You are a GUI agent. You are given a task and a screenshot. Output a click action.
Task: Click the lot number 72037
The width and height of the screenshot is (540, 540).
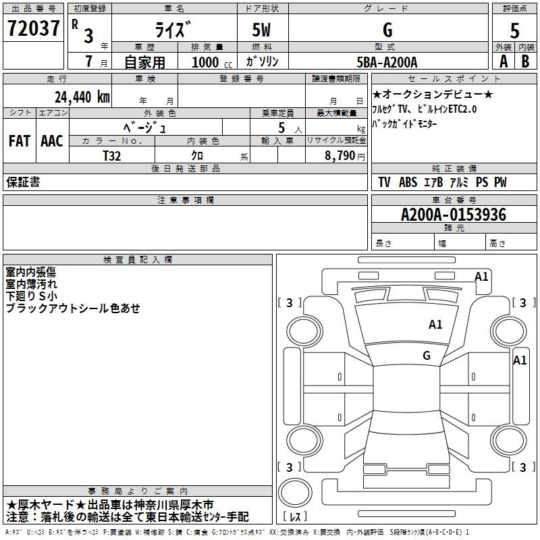(x=33, y=28)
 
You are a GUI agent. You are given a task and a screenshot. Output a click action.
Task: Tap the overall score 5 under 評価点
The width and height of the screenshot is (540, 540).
(x=514, y=30)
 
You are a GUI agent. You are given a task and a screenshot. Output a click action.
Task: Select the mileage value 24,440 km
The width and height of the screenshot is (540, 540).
(x=82, y=97)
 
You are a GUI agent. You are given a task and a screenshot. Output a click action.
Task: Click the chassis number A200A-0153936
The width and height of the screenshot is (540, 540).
(x=454, y=215)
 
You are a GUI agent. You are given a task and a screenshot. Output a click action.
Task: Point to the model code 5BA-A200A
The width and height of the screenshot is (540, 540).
(x=387, y=62)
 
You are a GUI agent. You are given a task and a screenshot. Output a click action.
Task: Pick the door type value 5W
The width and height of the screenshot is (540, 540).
(x=261, y=30)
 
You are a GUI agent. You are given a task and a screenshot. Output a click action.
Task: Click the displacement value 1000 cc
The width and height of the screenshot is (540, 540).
(x=212, y=62)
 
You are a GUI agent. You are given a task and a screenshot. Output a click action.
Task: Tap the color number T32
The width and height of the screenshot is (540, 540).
(x=112, y=156)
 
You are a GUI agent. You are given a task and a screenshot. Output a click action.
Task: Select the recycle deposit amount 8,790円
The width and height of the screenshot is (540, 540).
(x=344, y=156)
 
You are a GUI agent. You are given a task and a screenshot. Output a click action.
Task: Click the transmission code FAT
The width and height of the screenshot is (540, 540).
(x=20, y=141)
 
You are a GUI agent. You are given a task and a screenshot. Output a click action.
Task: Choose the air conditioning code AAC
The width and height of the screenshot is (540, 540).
(x=52, y=141)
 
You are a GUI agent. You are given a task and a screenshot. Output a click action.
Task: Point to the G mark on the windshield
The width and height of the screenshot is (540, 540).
(x=427, y=355)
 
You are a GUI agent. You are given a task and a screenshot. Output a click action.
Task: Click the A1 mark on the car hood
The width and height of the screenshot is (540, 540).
(x=435, y=325)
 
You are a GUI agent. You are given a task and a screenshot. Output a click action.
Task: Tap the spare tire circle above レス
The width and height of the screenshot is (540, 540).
(x=295, y=492)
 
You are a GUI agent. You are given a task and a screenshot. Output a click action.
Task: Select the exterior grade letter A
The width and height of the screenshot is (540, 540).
(x=504, y=61)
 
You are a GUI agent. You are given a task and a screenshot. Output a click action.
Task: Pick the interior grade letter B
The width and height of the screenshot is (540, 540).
(x=526, y=61)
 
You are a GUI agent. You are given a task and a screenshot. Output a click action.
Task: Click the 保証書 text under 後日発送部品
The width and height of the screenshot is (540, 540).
(x=23, y=182)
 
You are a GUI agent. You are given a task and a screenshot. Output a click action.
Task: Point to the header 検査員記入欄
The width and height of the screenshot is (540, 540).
(x=138, y=260)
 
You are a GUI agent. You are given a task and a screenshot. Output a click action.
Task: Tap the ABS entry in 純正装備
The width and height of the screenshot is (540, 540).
(x=408, y=182)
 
